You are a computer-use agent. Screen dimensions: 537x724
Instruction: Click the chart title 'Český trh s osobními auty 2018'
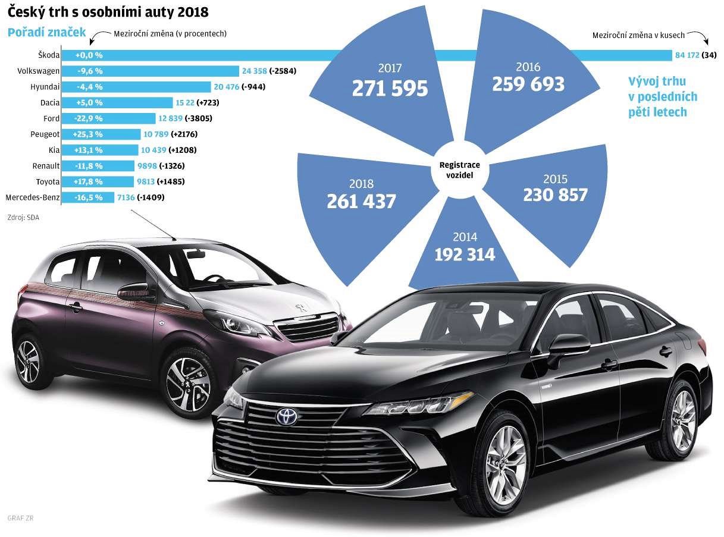click(x=108, y=11)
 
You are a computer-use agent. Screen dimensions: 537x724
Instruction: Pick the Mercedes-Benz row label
click(x=32, y=197)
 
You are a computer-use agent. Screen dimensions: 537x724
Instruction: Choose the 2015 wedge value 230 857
click(x=555, y=194)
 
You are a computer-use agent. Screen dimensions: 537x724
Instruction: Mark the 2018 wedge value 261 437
click(x=361, y=201)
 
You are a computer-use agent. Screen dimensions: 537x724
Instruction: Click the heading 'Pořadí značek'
click(x=46, y=33)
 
